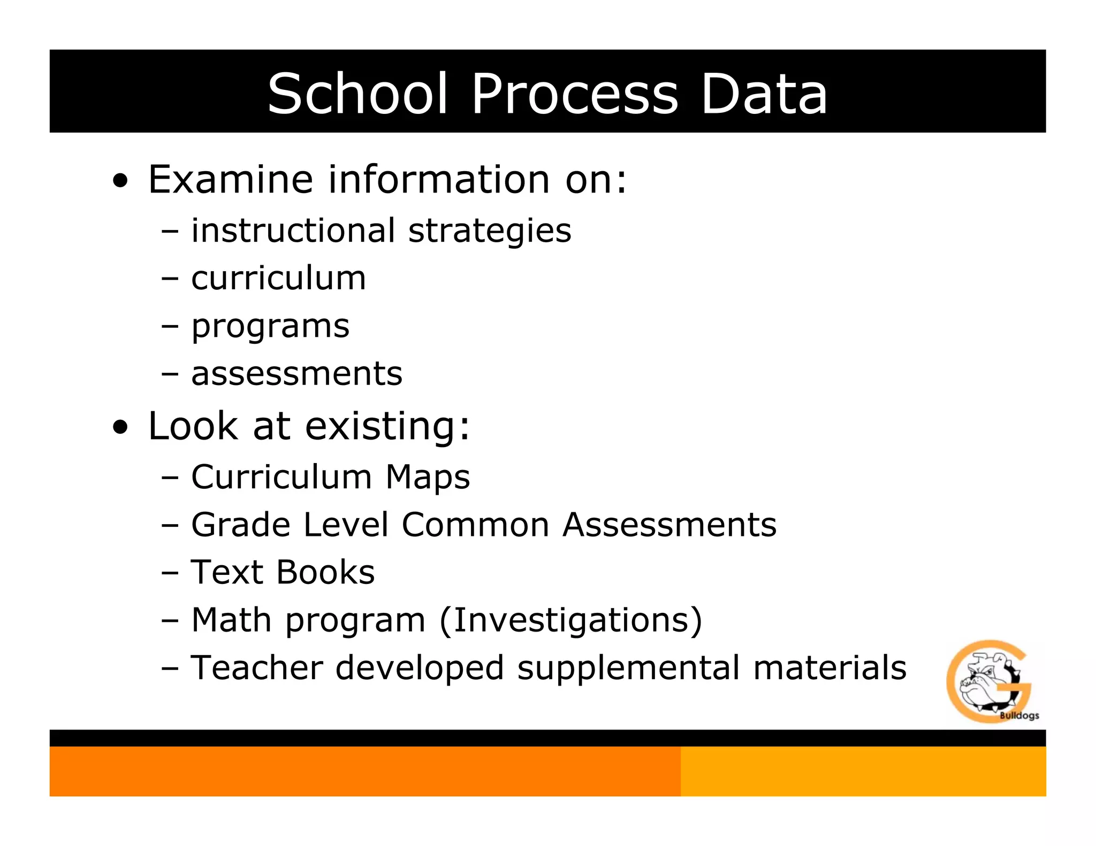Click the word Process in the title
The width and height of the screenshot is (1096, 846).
pyautogui.click(x=575, y=94)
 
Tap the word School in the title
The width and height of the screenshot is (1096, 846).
pyautogui.click(x=357, y=94)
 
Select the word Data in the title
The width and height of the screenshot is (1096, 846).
pyautogui.click(x=764, y=94)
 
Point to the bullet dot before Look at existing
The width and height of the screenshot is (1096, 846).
pyautogui.click(x=121, y=427)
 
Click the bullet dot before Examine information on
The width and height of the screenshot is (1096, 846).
pyautogui.click(x=121, y=181)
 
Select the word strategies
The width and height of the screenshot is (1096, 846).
pyautogui.click(x=490, y=231)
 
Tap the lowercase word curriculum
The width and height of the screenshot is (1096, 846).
pyautogui.click(x=279, y=278)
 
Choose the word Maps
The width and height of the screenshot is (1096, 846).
pyautogui.click(x=428, y=477)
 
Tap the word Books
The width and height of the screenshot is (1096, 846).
pyautogui.click(x=325, y=572)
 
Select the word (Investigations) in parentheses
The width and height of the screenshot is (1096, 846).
pyautogui.click(x=570, y=620)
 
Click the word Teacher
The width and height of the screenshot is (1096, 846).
pyautogui.click(x=257, y=668)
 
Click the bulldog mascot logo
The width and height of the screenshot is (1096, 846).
pyautogui.click(x=987, y=680)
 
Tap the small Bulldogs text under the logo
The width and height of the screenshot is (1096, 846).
pyautogui.click(x=1019, y=716)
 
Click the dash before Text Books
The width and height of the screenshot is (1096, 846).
pyautogui.click(x=170, y=573)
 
